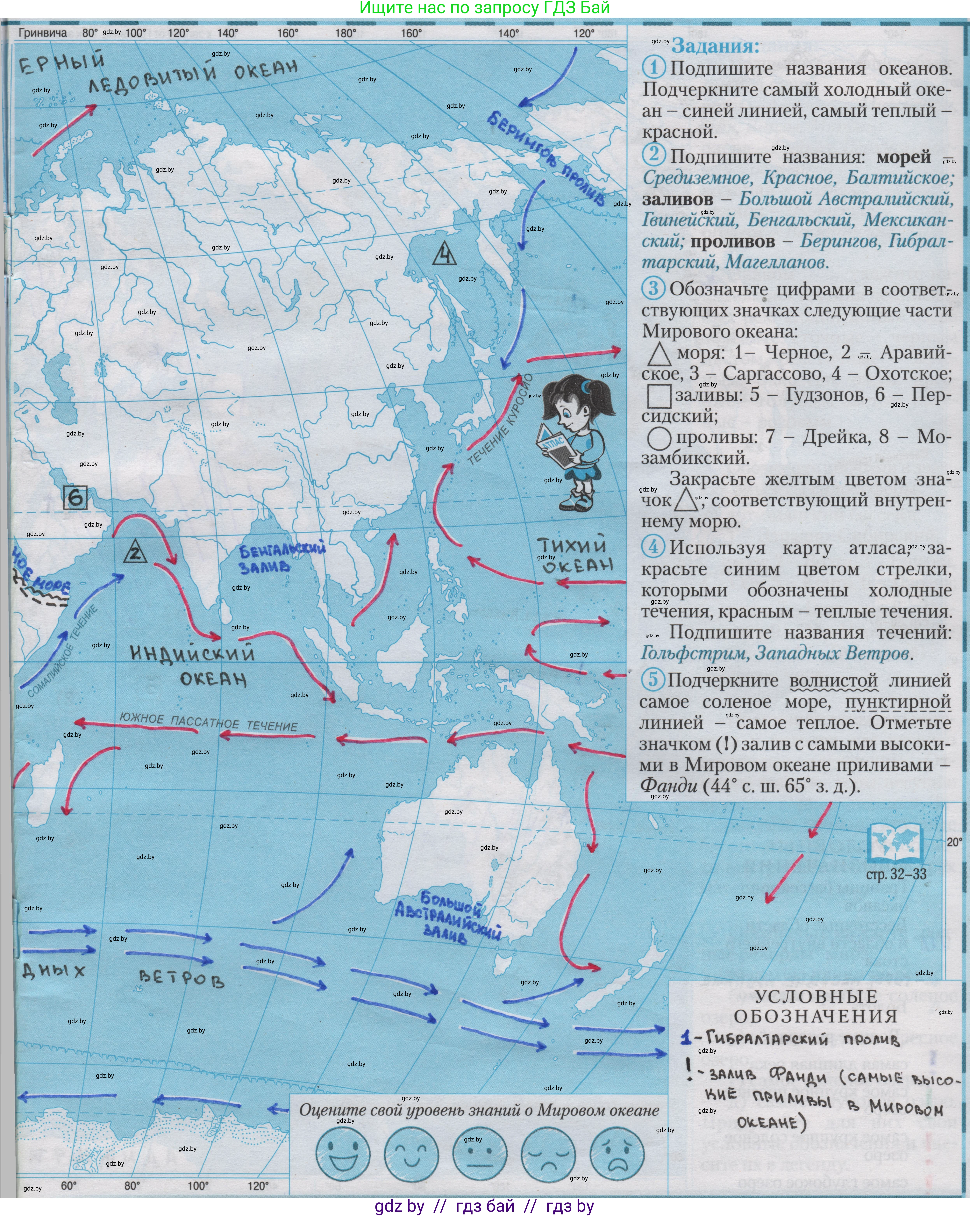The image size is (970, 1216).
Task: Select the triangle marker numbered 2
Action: coord(135,552)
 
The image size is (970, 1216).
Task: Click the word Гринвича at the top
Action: coord(43,33)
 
